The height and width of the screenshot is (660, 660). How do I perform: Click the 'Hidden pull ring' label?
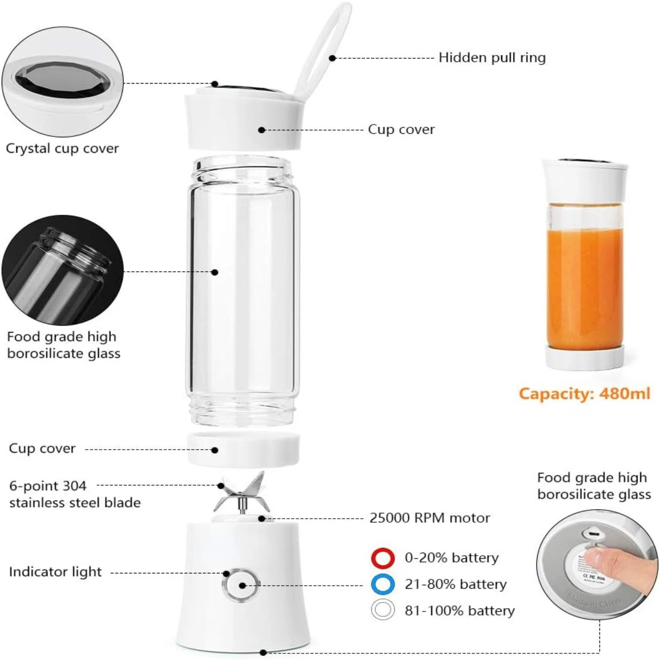[492, 58]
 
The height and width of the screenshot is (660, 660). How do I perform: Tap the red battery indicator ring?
[382, 558]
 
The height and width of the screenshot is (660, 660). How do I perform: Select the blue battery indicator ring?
[382, 584]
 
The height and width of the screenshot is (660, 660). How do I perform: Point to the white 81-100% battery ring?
[382, 610]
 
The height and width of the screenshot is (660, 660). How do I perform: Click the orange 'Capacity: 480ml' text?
[584, 393]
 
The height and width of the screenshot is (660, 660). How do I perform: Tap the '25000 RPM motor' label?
[429, 518]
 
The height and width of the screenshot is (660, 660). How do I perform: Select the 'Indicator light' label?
[55, 572]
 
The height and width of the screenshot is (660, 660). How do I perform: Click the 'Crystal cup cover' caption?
[62, 148]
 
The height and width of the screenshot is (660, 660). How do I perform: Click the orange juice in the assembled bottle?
[584, 286]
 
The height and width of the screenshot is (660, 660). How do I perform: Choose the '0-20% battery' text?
[451, 558]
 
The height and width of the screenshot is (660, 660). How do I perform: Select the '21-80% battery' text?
[455, 584]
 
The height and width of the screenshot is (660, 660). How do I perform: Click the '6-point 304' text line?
[48, 486]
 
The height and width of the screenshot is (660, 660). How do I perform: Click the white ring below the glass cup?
[243, 449]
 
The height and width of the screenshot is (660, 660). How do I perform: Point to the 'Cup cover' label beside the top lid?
[401, 129]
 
